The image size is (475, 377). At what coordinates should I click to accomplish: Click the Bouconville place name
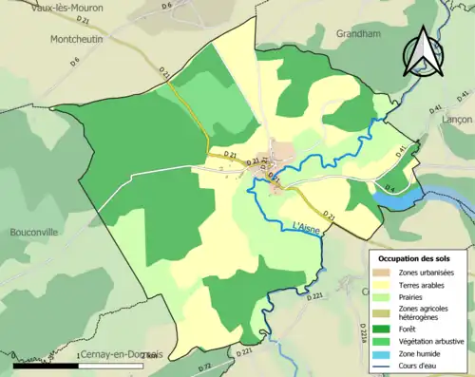(x=36, y=232)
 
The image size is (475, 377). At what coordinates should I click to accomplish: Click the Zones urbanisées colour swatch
(x=385, y=273)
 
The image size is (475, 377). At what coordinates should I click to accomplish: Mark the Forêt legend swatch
(x=385, y=329)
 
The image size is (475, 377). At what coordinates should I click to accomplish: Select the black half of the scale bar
(x=42, y=366)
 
